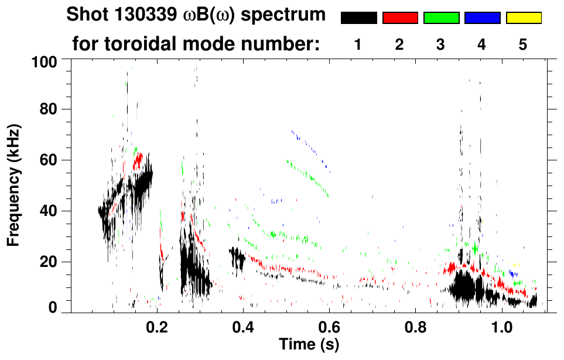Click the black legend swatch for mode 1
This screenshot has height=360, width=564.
point(359,18)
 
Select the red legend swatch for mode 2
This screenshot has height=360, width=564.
point(400,18)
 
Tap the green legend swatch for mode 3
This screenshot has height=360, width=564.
point(441,18)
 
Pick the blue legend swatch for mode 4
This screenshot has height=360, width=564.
point(482,18)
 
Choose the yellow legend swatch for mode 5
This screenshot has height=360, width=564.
point(523,18)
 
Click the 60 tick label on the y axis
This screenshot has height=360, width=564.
point(47,160)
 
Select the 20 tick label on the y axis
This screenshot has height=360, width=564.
point(47,262)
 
